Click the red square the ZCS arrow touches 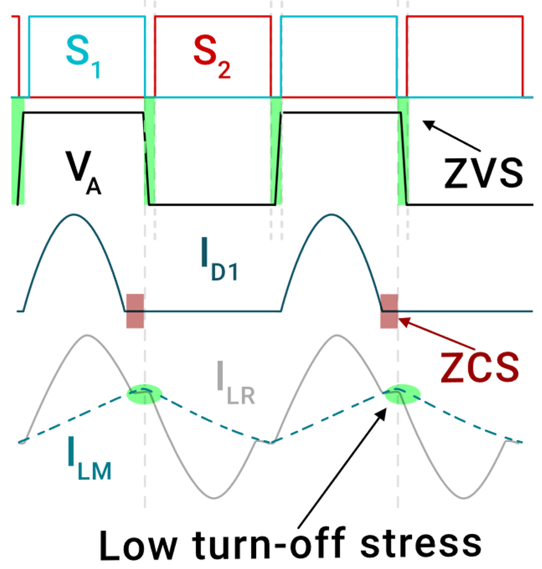[x=389, y=311]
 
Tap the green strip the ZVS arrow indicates [x=403, y=150]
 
